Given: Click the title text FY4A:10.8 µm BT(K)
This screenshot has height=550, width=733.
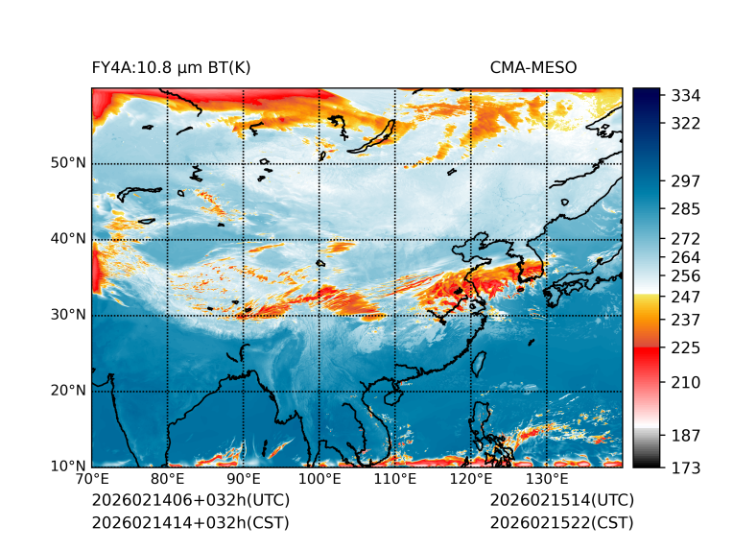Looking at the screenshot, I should click(x=171, y=67).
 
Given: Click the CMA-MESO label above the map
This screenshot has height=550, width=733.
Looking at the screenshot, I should click(x=533, y=67).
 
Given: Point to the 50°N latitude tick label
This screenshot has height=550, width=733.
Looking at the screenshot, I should click(x=68, y=163).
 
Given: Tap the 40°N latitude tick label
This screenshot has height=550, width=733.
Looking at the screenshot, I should click(x=68, y=239).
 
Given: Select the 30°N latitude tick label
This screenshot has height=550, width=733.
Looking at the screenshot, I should click(x=68, y=315).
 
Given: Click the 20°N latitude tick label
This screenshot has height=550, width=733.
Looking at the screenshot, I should click(x=68, y=391).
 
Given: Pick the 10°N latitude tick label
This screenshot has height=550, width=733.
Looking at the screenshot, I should click(x=68, y=466).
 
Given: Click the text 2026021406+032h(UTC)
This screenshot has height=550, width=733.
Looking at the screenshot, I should click(x=190, y=501).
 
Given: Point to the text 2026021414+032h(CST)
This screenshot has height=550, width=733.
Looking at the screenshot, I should click(x=190, y=522).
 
